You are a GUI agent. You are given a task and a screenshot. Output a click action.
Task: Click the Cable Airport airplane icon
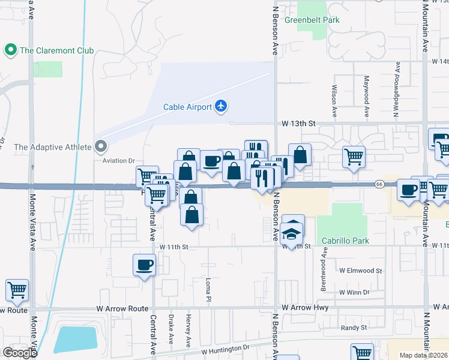221,106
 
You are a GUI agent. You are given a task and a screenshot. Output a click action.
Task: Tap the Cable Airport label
187,107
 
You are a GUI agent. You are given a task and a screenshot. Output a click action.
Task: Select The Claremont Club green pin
10,50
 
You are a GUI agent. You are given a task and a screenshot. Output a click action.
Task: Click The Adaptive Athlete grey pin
101,146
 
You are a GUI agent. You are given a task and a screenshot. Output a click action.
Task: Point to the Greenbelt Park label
312,20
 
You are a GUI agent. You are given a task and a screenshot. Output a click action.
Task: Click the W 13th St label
299,123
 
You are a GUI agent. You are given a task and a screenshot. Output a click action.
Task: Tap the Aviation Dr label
119,161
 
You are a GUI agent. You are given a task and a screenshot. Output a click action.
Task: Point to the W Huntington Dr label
225,349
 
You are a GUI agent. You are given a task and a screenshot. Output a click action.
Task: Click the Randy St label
354,328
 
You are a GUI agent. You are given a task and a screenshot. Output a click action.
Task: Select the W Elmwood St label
361,271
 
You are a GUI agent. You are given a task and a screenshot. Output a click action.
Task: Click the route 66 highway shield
379,184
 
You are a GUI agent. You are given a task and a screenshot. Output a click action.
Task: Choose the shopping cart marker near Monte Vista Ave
17,290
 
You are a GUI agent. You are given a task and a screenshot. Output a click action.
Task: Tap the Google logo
20,353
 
